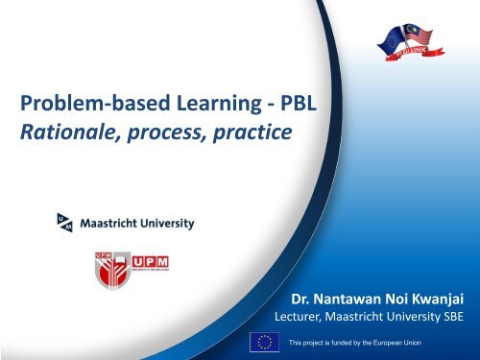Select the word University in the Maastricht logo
[x=166, y=225]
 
